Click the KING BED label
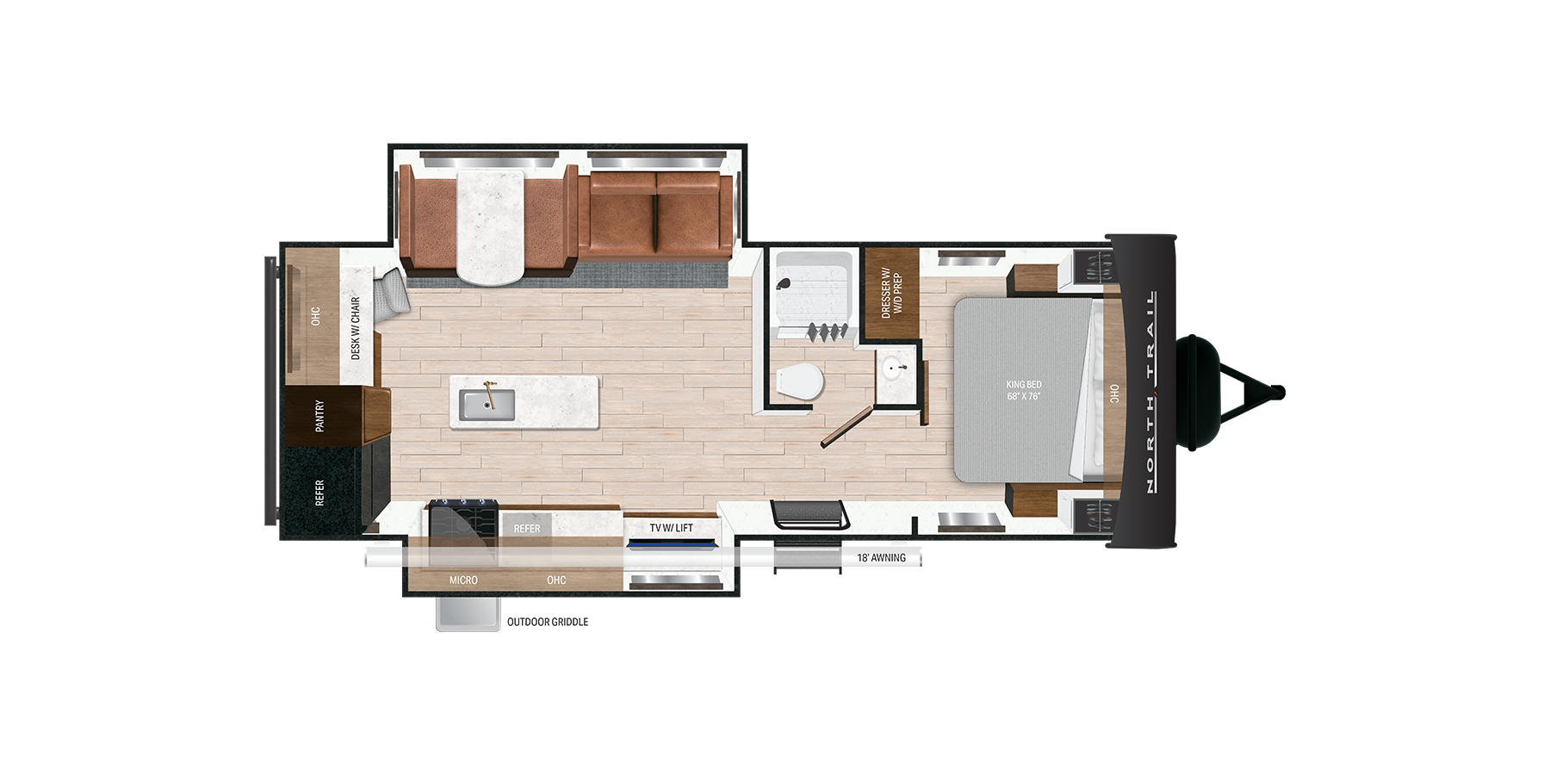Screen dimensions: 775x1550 tap(1024, 390)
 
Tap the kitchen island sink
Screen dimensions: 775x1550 tap(487, 405)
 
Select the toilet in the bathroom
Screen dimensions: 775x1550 tap(799, 382)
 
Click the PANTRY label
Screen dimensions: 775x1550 tap(319, 416)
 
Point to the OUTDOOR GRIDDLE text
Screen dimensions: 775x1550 tap(548, 622)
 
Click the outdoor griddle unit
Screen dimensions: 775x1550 tap(468, 614)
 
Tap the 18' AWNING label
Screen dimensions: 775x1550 tap(881, 558)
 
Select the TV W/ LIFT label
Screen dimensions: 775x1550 tap(671, 528)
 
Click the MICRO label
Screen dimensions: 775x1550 tap(463, 580)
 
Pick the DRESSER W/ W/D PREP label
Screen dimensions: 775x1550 tap(891, 293)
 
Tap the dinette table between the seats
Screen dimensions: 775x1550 tap(489, 226)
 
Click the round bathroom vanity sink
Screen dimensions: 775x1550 tap(895, 369)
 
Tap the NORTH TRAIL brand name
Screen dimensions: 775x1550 tap(1150, 392)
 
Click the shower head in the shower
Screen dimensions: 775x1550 tap(783, 284)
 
